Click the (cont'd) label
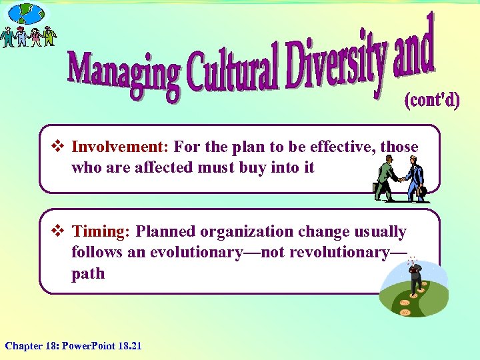(x=432, y=101)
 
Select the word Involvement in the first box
(x=117, y=147)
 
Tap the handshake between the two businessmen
(x=399, y=179)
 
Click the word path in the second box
(x=88, y=274)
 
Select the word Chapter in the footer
(x=23, y=345)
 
